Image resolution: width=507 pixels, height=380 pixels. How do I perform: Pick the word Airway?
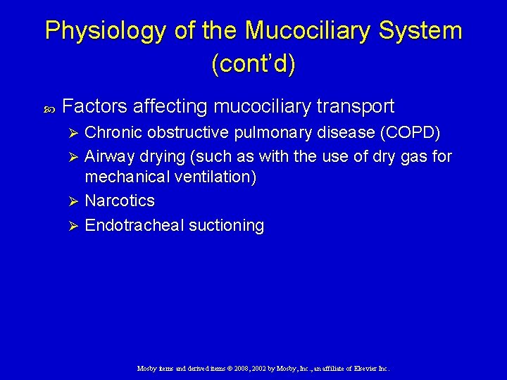108,156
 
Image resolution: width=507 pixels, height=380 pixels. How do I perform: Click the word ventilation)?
216,177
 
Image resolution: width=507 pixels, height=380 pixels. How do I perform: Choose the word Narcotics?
120,201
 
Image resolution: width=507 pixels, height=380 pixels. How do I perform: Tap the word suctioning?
223,226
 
